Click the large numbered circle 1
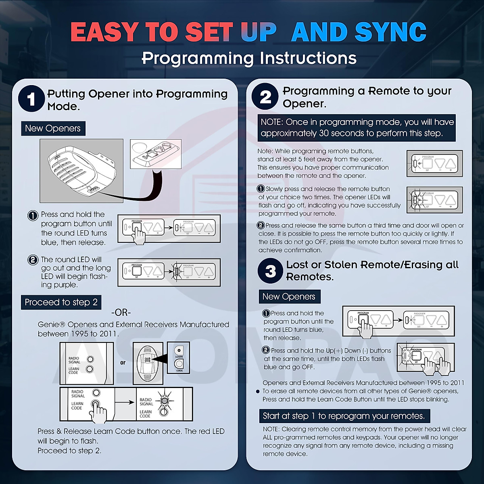[31, 99]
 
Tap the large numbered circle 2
[265, 97]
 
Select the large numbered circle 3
[270, 271]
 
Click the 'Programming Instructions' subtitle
[249, 58]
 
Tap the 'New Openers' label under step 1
[53, 129]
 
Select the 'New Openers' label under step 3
[289, 296]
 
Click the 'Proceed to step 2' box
[61, 302]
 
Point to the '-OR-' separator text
[121, 313]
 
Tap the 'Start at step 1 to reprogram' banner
[344, 416]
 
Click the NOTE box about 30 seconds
[357, 127]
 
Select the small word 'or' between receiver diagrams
[123, 363]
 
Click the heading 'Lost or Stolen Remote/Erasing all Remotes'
[372, 271]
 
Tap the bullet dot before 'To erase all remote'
[258, 391]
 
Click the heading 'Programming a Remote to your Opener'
[367, 97]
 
